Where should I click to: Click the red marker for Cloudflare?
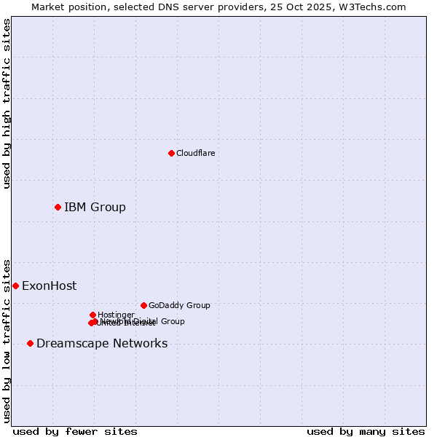coord(171,153)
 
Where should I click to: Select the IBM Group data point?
coord(58,208)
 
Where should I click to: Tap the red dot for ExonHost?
coord(15,286)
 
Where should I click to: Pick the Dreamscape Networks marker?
coord(30,343)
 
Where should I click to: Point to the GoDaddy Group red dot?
coord(143,305)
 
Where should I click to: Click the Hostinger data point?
coord(92,315)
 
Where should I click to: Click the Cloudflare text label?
coord(195,153)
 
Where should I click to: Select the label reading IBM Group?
coord(95,208)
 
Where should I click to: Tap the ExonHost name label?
coord(49,286)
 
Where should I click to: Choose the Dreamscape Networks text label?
coord(102,344)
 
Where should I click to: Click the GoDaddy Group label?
coord(179,305)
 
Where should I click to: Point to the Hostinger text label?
coord(116,315)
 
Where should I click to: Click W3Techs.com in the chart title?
coord(375,7)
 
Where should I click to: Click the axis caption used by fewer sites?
coord(75,432)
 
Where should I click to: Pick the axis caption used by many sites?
coord(366,432)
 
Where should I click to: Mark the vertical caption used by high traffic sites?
coord(7,103)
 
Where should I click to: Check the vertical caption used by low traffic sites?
coord(7,341)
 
